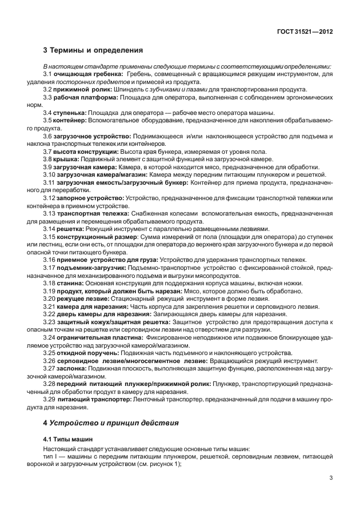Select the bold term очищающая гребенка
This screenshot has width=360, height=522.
(89, 75)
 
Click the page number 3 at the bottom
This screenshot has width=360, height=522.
(331, 479)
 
